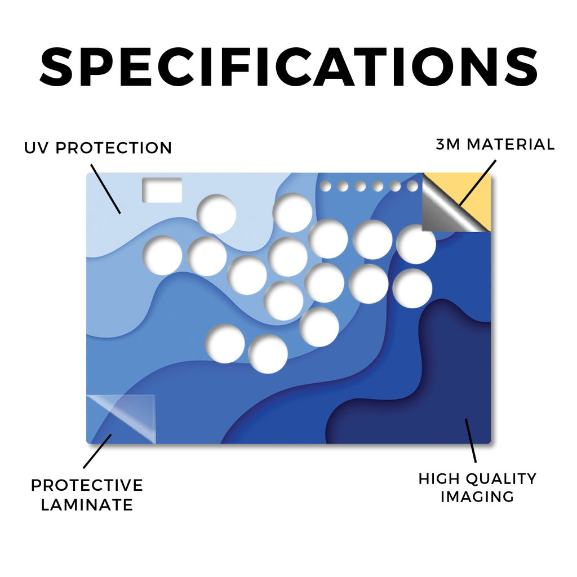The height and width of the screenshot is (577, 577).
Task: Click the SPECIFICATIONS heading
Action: tap(288, 66)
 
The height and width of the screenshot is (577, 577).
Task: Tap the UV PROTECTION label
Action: tap(98, 148)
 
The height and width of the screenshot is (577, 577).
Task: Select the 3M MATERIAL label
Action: tap(495, 144)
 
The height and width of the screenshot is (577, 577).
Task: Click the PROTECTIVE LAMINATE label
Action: tap(87, 495)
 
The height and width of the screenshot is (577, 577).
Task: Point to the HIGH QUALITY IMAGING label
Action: tap(477, 487)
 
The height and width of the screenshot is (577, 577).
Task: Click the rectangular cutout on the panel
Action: tap(162, 190)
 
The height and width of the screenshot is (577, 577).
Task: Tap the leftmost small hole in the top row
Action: tap(325, 186)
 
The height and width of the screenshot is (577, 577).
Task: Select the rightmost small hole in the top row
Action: tap(412, 186)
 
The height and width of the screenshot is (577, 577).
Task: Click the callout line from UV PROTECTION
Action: tap(105, 189)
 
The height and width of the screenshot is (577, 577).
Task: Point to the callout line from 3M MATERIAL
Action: tap(478, 183)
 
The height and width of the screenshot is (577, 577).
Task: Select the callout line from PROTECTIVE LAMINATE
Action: tap(97, 451)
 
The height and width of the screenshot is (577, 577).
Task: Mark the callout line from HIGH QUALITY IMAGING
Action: tap(471, 441)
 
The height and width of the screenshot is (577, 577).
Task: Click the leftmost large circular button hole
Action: tap(162, 255)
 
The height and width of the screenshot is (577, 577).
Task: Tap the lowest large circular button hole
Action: tap(268, 354)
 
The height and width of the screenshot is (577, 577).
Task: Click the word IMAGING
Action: tap(477, 496)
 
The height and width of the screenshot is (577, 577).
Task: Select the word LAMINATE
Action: tap(87, 504)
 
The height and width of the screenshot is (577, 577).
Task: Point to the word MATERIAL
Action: tap(511, 144)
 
